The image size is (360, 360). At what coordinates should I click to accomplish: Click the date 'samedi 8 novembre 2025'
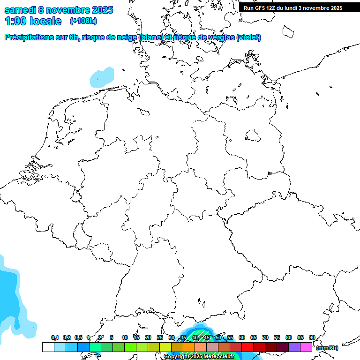[59, 10]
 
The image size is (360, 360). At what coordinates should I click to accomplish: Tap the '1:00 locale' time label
[33, 21]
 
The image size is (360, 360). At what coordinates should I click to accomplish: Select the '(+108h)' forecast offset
[83, 21]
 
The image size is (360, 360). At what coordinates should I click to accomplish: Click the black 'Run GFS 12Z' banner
[293, 8]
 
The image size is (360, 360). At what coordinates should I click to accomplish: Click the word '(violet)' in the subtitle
[249, 37]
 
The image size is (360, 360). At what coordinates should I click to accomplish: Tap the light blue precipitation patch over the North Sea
[102, 77]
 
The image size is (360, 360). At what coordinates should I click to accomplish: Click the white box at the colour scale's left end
[48, 347]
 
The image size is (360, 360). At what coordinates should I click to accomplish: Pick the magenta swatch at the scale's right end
[306, 347]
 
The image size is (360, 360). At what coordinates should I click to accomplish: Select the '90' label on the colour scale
[312, 337]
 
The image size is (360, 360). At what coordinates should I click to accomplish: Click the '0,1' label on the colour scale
[55, 337]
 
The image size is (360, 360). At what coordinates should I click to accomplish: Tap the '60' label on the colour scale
[242, 337]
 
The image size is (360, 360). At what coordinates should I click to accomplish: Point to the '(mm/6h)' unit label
[327, 348]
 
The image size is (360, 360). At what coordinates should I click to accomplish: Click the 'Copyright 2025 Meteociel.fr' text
[199, 357]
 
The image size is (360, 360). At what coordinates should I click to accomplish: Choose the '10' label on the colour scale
[125, 337]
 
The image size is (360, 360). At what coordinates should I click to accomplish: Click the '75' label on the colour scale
[277, 337]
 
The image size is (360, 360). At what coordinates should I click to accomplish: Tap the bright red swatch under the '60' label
[247, 347]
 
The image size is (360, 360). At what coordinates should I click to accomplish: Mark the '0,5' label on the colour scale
[78, 337]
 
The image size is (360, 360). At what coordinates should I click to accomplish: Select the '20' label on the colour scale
[148, 337]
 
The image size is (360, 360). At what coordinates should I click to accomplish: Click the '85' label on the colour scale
[300, 337]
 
